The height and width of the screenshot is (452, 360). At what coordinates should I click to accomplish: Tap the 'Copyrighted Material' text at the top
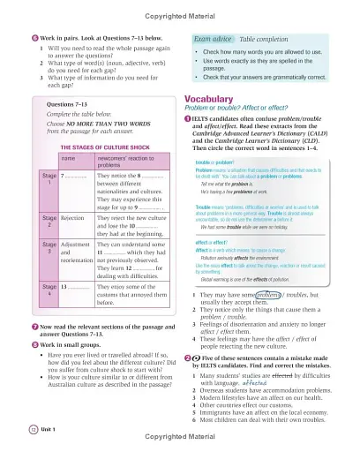(179, 7)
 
